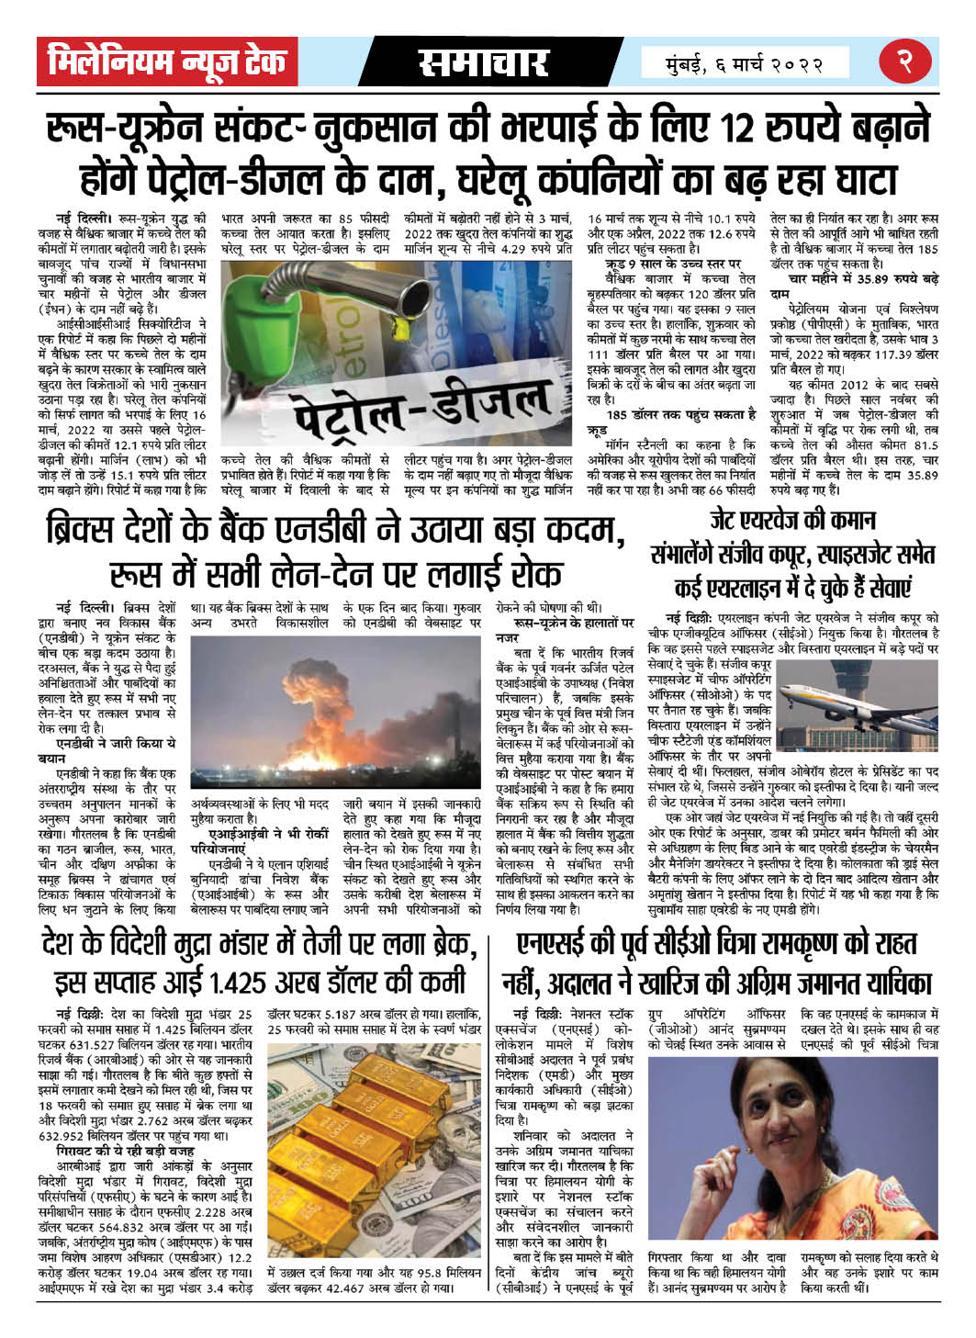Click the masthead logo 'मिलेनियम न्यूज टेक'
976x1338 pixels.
click(167, 62)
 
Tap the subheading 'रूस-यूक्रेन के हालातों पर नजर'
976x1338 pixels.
click(562, 630)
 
